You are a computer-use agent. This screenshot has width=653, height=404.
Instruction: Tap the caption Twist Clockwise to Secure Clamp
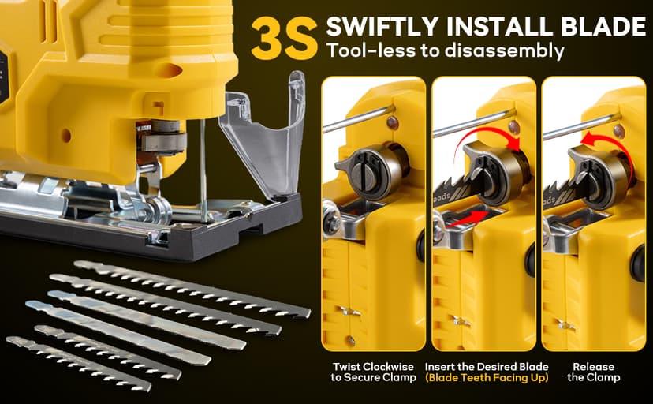click(368, 372)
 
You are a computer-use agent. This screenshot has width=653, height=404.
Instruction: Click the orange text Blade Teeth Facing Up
click(487, 377)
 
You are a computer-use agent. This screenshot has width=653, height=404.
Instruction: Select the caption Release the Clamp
click(593, 372)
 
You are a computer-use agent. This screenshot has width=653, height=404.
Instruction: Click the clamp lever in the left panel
click(365, 166)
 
